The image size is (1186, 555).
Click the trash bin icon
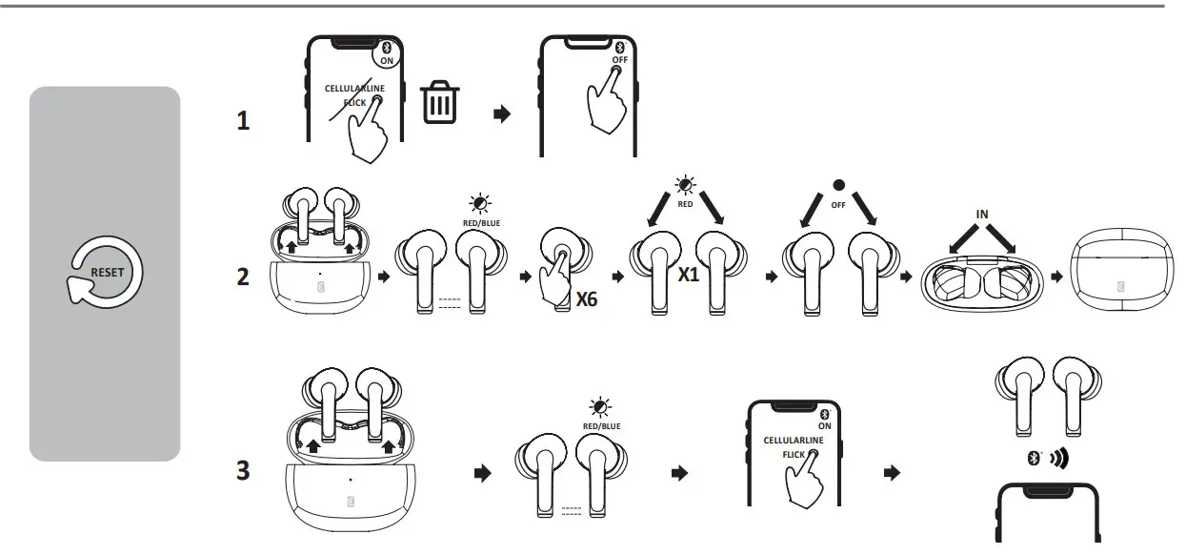coord(440,103)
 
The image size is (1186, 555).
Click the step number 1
coord(244,122)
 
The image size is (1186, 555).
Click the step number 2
coord(244,277)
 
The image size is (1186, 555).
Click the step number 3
coord(244,471)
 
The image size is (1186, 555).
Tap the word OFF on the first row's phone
coord(619,60)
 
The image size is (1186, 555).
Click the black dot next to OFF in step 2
coord(839,184)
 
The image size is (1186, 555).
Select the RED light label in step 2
coord(685,203)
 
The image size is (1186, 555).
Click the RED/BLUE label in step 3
coord(601,426)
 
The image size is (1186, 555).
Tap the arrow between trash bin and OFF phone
coord(502,113)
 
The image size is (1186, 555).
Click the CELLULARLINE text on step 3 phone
coord(794,442)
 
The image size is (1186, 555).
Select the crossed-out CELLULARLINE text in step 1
coord(354,89)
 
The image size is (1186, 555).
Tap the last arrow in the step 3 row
coord(893,473)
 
